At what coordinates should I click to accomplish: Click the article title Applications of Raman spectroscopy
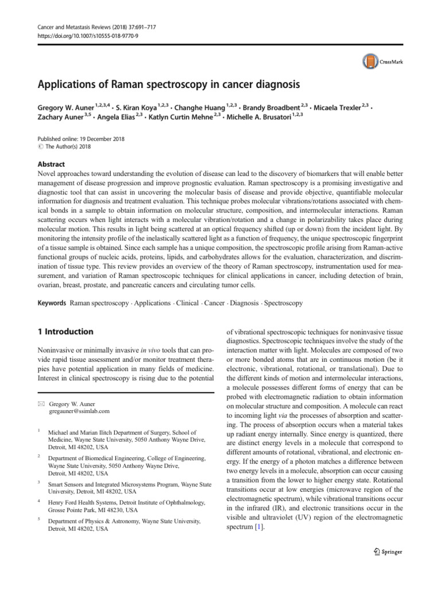click(x=169, y=85)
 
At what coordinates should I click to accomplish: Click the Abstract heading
click(x=51, y=163)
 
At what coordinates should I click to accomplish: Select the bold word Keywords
click(x=52, y=303)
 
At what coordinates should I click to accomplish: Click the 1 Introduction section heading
click(x=65, y=331)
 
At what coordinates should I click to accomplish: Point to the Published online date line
click(x=80, y=139)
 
